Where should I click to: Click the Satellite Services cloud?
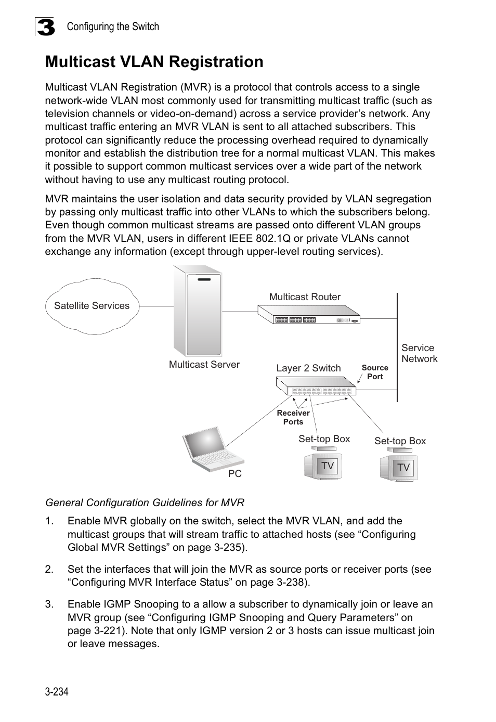[92, 306]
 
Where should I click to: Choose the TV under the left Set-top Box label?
[321, 466]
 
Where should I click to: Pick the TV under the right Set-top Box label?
[399, 467]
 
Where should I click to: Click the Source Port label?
[375, 372]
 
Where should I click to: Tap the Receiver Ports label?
[293, 417]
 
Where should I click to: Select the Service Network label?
[419, 353]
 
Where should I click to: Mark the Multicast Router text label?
[305, 297]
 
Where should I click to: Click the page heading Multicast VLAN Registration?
[154, 62]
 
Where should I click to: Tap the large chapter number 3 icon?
[45, 27]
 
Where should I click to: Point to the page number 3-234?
[57, 691]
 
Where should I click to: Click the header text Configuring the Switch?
[113, 27]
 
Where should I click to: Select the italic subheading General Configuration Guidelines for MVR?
[145, 502]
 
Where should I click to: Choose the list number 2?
[49, 569]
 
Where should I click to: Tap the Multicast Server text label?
[204, 365]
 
